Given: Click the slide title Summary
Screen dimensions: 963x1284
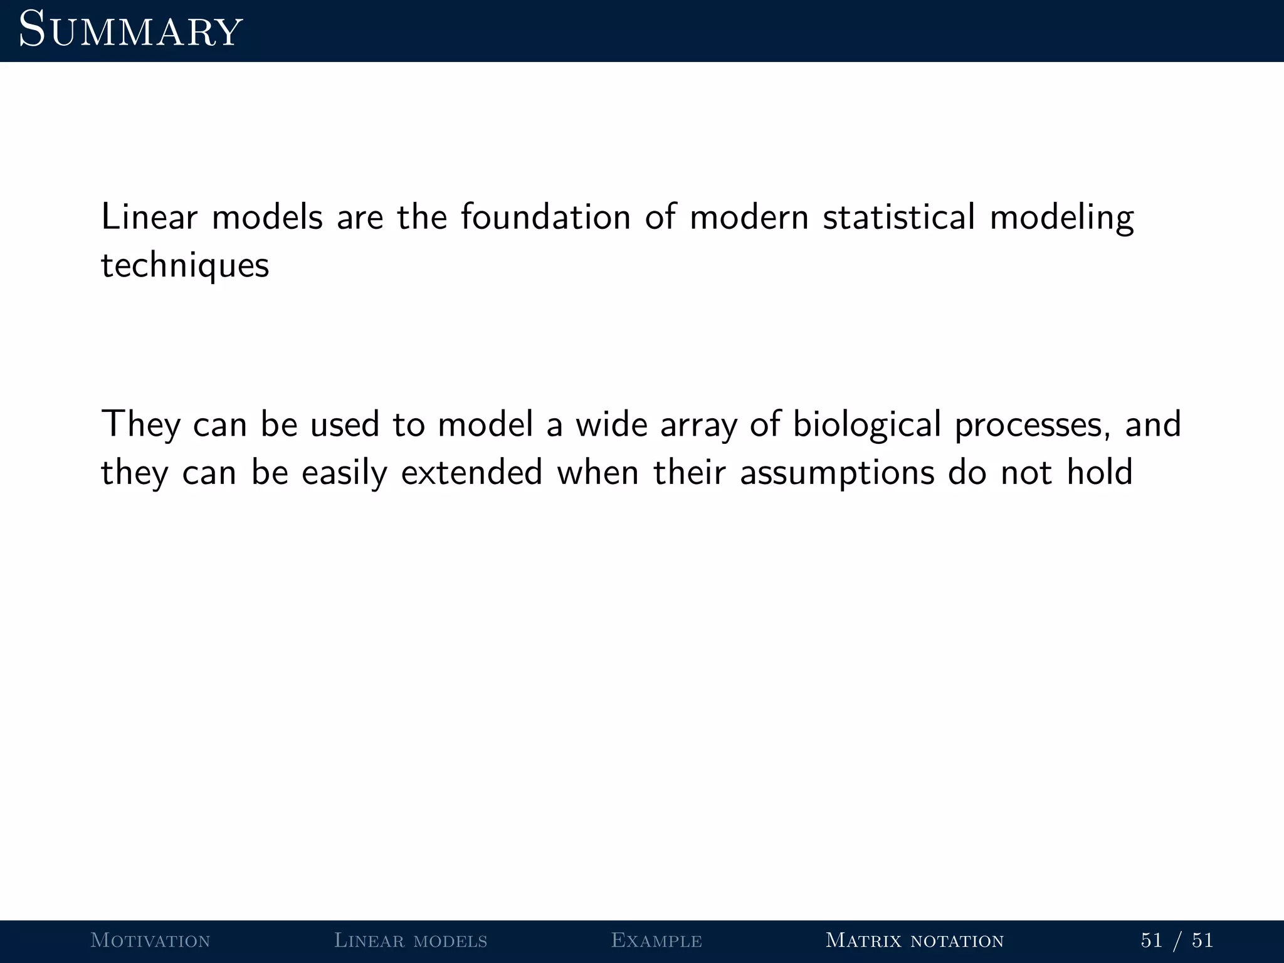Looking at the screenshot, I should coord(130,30).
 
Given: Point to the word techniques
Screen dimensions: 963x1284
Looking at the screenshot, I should coord(185,266).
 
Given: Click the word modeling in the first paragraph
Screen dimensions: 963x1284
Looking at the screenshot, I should coord(1061,218).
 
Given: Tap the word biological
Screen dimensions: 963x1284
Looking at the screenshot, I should coord(867,424).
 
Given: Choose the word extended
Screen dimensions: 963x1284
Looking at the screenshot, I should coord(471,472).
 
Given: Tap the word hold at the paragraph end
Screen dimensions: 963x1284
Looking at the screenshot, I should coord(1100,472).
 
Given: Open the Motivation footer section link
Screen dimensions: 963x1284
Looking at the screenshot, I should coord(150,940).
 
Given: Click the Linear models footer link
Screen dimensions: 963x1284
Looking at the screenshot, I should coord(411,940).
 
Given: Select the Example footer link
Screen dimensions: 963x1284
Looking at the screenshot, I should coord(656,940).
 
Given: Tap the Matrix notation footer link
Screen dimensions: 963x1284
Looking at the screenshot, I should coord(915,940).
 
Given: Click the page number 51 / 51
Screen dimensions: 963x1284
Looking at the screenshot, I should coord(1177,940).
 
